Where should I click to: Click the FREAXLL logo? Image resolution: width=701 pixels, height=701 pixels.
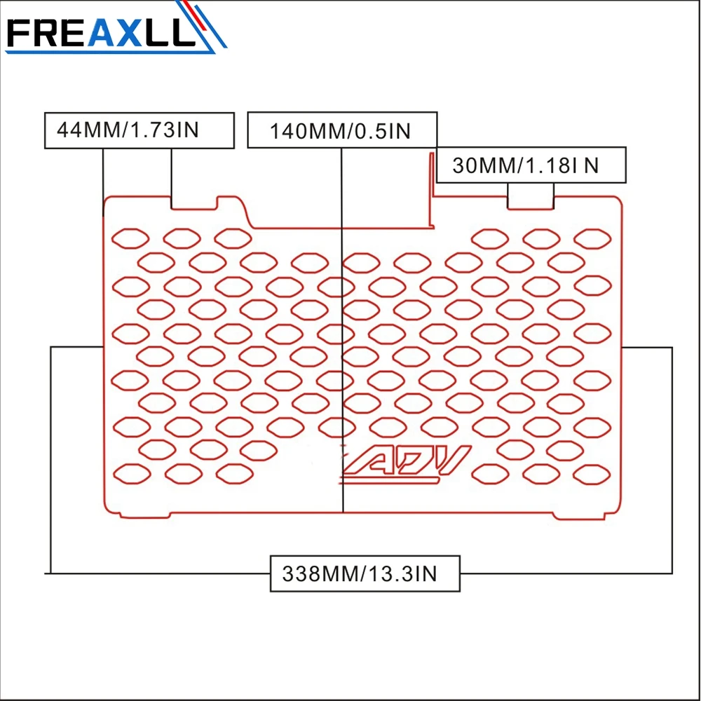(x=116, y=28)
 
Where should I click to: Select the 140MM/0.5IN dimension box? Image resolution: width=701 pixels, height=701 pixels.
(x=342, y=130)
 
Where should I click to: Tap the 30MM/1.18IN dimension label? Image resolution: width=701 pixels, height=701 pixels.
(x=531, y=165)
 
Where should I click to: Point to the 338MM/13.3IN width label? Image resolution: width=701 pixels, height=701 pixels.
(x=365, y=573)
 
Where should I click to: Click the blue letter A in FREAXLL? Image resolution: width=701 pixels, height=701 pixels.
(x=102, y=33)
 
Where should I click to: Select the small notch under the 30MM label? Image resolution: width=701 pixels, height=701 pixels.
(x=531, y=203)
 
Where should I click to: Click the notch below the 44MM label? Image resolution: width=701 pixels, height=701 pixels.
(x=194, y=203)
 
